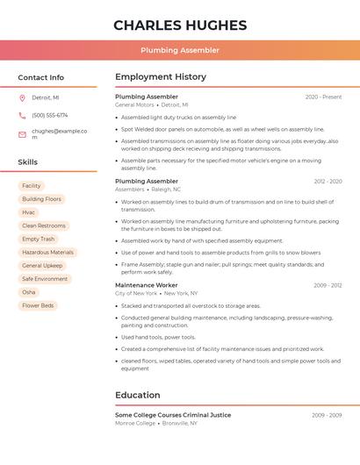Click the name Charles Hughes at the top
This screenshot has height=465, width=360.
(180, 25)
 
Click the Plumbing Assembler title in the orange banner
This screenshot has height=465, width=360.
(180, 50)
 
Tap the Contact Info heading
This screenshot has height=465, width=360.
(40, 77)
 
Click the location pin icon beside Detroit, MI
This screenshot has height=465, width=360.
(22, 97)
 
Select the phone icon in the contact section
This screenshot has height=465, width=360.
(22, 115)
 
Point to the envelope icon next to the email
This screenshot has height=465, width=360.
(22, 134)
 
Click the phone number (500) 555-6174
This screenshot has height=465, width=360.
(49, 115)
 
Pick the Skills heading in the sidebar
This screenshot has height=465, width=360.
(27, 162)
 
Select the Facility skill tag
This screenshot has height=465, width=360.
(32, 186)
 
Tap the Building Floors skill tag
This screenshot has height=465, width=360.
(42, 199)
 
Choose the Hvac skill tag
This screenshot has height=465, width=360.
(29, 212)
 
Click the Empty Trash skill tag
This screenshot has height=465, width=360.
(39, 239)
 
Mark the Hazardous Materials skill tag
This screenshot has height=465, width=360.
(48, 252)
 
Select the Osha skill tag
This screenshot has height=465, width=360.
(29, 292)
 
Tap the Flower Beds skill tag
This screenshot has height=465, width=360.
(38, 305)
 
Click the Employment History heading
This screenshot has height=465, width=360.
(161, 77)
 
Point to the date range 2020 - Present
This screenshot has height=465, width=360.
(323, 97)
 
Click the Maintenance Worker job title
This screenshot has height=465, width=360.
(146, 285)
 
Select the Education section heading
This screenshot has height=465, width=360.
(138, 395)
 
